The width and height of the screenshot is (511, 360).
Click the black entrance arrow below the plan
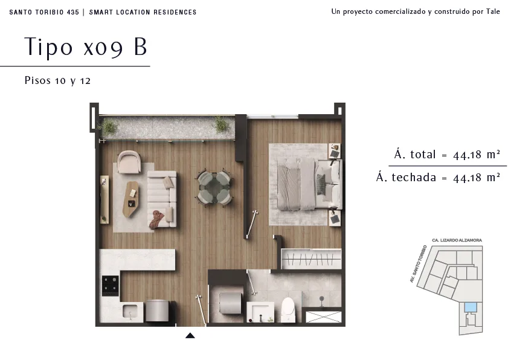point(190,336)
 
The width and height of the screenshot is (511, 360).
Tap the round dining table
point(214,187)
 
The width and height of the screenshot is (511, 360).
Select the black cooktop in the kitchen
point(111,286)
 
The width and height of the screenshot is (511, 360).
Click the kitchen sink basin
point(130,312)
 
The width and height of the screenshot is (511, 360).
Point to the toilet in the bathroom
point(288,309)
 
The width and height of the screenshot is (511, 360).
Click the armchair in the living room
point(129,161)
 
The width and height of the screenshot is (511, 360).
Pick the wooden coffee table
point(130,199)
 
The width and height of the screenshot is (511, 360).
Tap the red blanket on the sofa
point(157,219)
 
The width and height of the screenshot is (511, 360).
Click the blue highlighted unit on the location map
point(471,307)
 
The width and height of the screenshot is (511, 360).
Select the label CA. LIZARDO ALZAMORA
point(457,240)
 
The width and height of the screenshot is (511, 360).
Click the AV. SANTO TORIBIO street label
point(419,263)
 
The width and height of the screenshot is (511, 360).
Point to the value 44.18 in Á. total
point(468,155)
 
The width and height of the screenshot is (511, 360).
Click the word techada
point(414,177)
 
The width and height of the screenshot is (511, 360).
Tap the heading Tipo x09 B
point(86,47)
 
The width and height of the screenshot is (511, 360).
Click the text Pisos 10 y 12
point(57,80)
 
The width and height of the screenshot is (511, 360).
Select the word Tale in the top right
point(493,11)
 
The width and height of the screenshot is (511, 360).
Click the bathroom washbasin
point(260,312)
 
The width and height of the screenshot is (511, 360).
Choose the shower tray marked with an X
point(324,317)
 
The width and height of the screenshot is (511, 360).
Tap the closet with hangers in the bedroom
point(311,259)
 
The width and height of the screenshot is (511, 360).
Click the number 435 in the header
point(73,12)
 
